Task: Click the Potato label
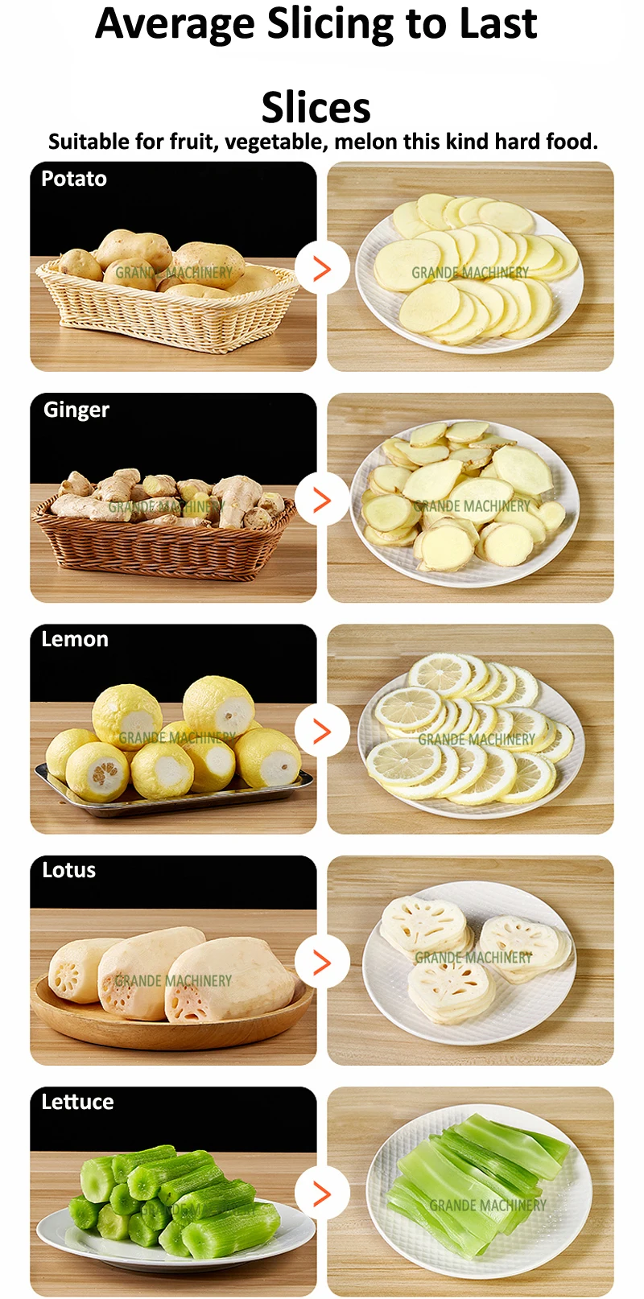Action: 74,179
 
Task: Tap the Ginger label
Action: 76,410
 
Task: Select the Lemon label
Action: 74,639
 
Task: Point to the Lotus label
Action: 68,870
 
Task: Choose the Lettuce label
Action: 77,1101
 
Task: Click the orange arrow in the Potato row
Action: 322,269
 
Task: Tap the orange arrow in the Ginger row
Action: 322,500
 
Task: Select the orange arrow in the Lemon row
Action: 322,732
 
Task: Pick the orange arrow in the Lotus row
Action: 322,963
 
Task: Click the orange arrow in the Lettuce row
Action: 322,1194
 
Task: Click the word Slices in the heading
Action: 316,107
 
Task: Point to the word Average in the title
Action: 175,24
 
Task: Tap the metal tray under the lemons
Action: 174,790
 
